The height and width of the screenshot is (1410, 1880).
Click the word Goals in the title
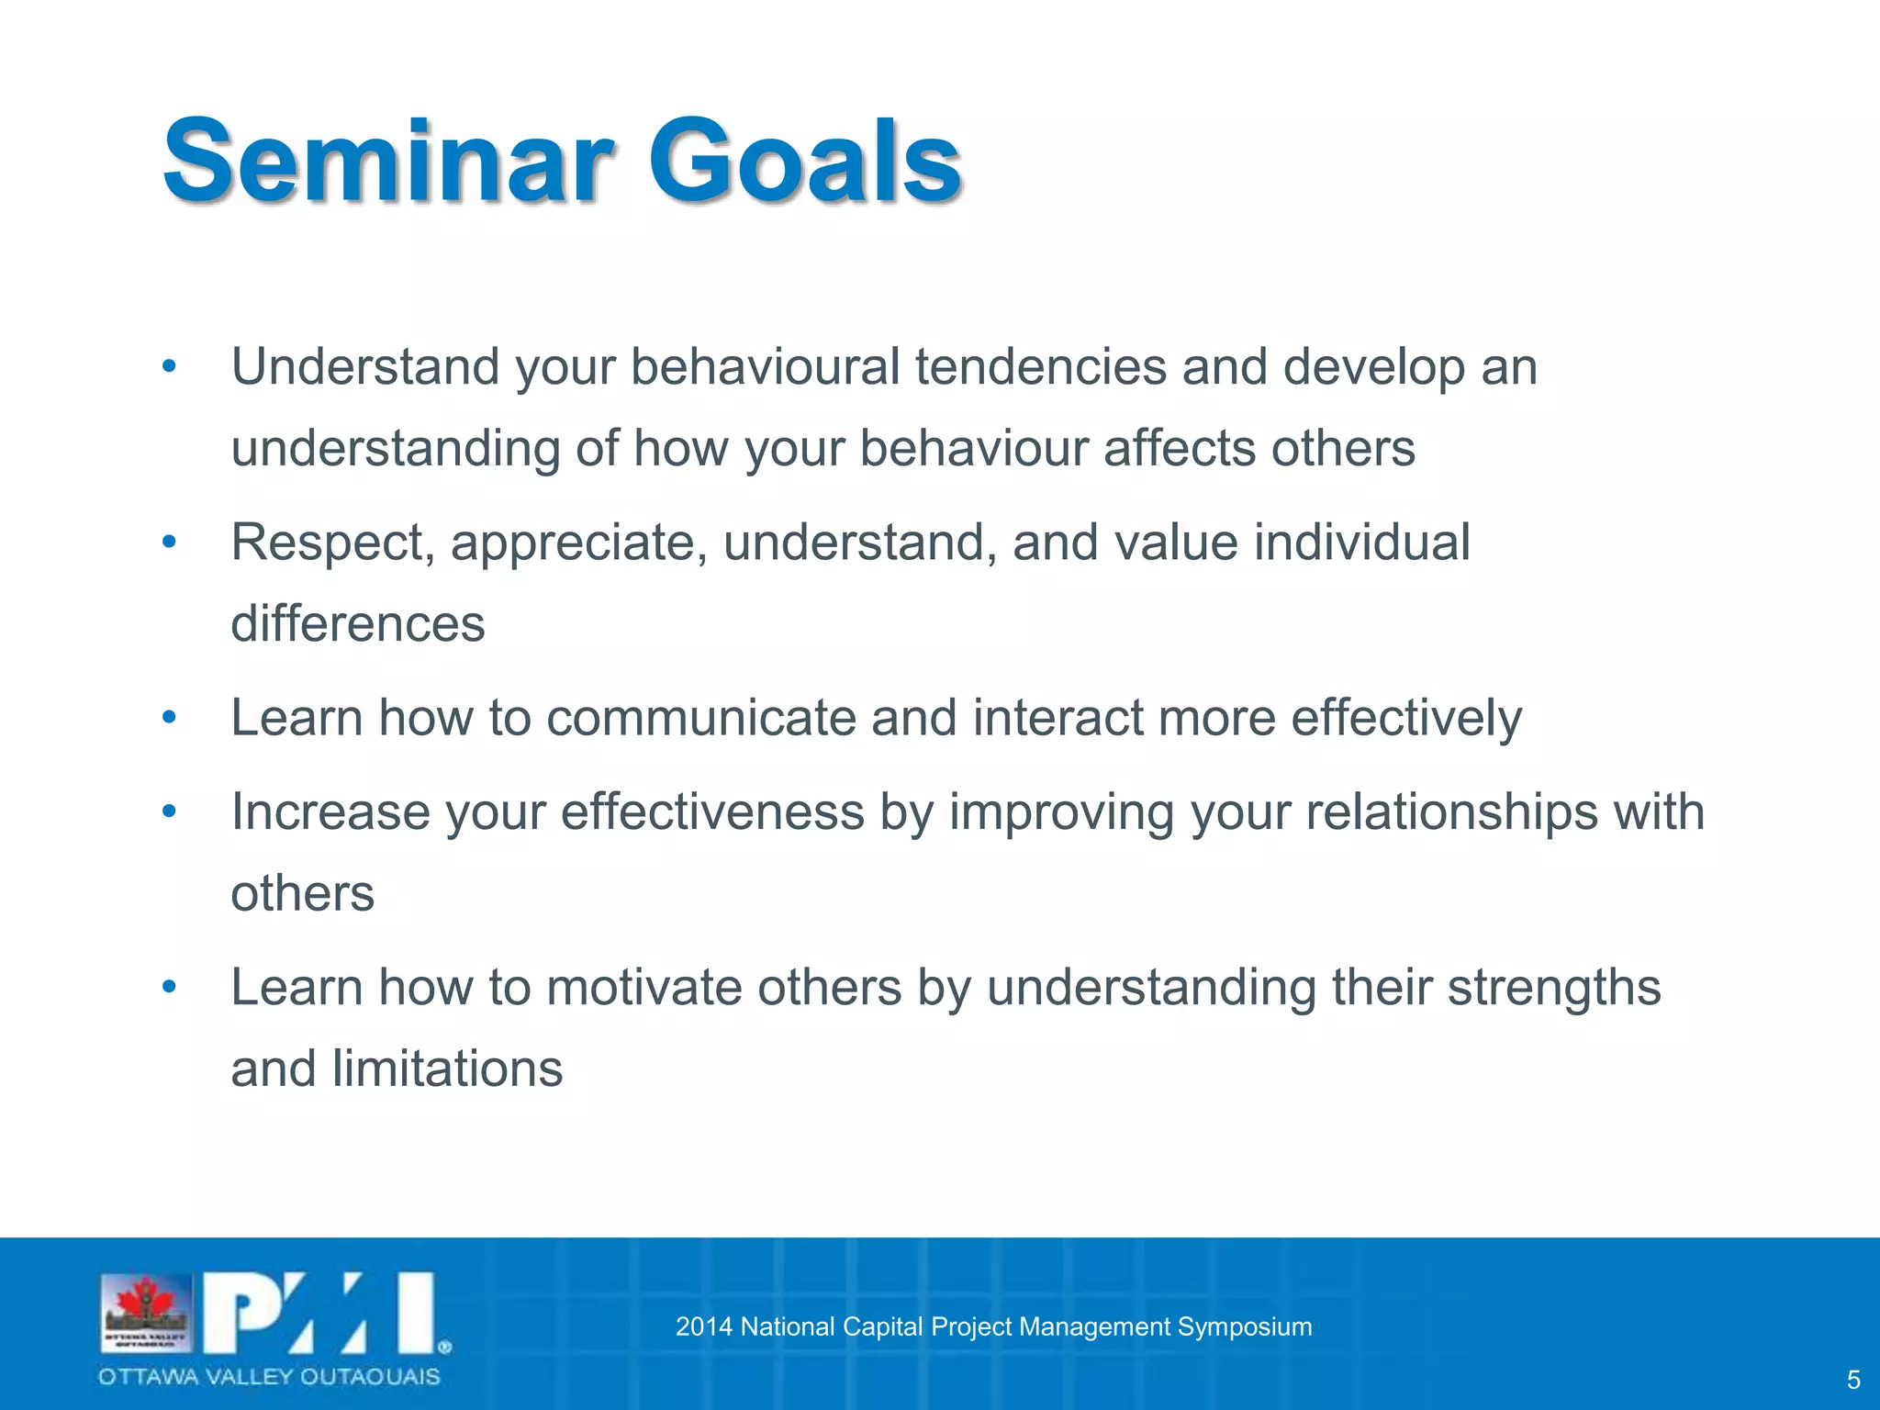click(x=805, y=162)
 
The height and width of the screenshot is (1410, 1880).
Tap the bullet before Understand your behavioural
click(x=168, y=367)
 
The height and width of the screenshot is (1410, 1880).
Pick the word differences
click(x=357, y=624)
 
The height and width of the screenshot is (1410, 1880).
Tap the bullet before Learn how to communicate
click(x=168, y=718)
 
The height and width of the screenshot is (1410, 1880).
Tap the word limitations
click(x=447, y=1069)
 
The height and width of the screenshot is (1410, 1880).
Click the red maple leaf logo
click(x=146, y=1302)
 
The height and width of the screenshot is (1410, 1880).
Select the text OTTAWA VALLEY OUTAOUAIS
click(x=269, y=1377)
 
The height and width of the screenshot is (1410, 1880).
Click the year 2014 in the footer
click(x=703, y=1326)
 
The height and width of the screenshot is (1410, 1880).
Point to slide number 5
click(x=1852, y=1380)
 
